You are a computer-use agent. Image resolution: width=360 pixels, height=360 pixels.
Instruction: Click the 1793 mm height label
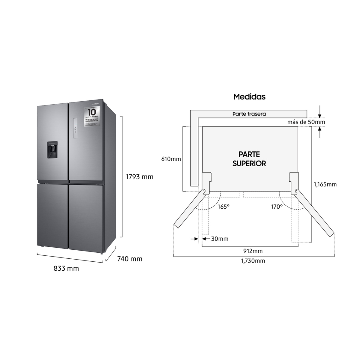pos(139,177)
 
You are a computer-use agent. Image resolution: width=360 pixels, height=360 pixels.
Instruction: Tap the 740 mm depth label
pos(130,259)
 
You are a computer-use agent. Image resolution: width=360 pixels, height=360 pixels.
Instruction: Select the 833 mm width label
pos(66,269)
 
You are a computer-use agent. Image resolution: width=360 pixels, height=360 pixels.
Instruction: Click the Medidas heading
pos(249,97)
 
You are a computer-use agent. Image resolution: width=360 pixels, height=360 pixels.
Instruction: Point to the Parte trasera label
pos(249,114)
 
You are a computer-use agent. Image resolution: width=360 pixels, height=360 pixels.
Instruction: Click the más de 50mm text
pos(306,122)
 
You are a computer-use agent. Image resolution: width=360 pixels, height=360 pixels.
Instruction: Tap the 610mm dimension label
pos(171,159)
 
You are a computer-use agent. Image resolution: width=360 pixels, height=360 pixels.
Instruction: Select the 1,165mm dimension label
pos(325,184)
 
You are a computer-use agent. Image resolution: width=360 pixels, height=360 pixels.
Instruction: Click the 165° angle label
pos(223,207)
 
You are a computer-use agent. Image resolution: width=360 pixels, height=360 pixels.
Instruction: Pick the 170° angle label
pos(277,207)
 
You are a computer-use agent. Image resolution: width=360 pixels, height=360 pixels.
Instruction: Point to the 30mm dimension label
pos(220,239)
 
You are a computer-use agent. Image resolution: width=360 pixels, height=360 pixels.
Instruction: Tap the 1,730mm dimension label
pos(253,261)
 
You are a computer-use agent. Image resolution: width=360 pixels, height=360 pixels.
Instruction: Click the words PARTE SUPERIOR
pos(249,159)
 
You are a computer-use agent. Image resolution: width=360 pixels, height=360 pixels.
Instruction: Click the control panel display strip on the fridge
pos(75,128)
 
